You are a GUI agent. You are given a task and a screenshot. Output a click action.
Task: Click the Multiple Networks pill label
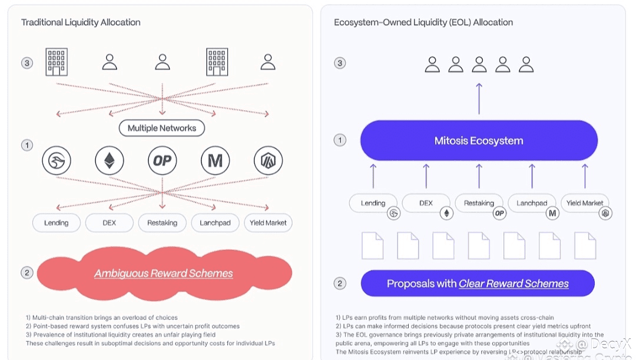(x=162, y=128)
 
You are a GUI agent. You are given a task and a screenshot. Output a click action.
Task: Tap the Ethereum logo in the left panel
(x=110, y=160)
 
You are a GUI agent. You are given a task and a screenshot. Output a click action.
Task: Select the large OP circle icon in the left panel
(x=162, y=160)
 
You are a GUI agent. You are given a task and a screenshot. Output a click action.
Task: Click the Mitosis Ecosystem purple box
(x=479, y=141)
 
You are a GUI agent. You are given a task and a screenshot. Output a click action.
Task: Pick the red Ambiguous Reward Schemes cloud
(x=164, y=273)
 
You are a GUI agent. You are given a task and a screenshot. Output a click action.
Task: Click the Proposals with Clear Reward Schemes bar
(x=478, y=283)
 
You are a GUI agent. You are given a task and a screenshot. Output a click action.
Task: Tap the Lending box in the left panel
(x=57, y=223)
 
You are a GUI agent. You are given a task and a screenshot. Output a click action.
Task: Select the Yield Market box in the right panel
(x=584, y=203)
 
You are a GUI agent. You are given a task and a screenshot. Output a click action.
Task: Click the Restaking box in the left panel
(x=162, y=223)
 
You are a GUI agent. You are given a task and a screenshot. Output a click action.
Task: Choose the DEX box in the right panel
(x=426, y=203)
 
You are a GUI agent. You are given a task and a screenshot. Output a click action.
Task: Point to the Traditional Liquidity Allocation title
(x=81, y=22)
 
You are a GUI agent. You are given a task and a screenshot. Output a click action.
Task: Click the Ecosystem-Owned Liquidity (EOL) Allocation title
(x=423, y=22)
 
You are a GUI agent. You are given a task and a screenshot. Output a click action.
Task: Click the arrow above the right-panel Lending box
(x=373, y=176)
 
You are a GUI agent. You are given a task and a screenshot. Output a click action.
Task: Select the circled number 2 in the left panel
(x=26, y=273)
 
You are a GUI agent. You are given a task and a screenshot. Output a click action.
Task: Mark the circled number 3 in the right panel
(x=340, y=63)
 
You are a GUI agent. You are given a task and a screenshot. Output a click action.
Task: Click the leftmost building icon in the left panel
(x=57, y=62)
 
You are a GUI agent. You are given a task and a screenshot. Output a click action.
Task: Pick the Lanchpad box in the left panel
(x=215, y=223)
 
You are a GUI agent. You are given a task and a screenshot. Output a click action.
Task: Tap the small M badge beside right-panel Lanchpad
(x=552, y=213)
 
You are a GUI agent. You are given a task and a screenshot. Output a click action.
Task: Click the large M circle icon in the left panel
(x=215, y=160)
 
